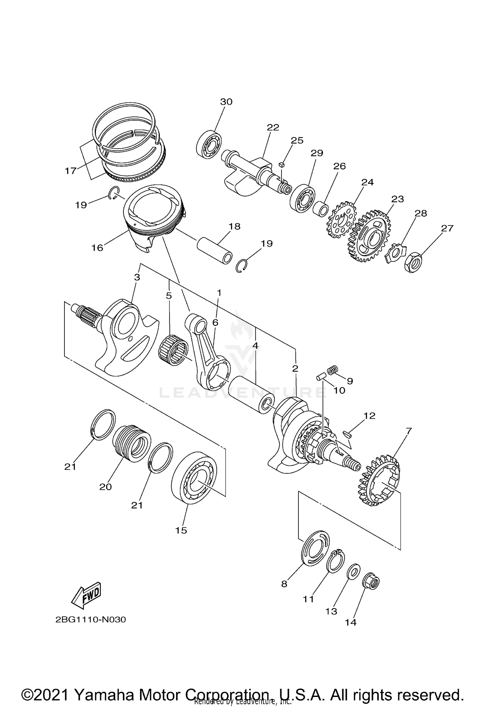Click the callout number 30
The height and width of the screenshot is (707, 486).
click(226, 102)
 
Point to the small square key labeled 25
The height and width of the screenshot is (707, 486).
click(281, 165)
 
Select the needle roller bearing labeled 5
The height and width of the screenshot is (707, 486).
click(174, 351)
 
